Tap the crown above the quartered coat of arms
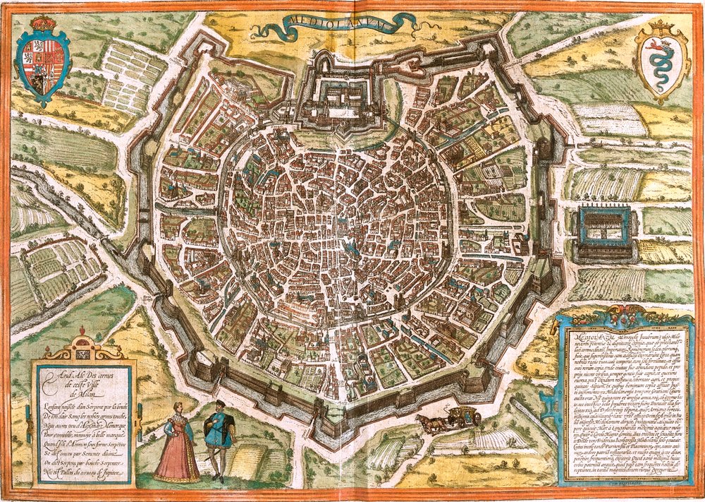pyautogui.click(x=44, y=23)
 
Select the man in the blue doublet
pyautogui.click(x=216, y=434)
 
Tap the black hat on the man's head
pyautogui.click(x=219, y=403)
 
